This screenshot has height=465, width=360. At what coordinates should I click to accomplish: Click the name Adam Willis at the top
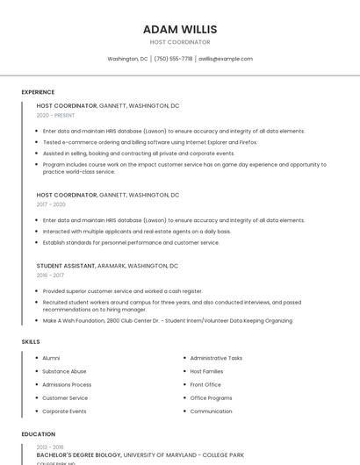179,29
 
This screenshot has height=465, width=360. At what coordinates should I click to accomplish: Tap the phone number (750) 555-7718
173,59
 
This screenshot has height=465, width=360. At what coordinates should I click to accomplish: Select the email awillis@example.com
225,59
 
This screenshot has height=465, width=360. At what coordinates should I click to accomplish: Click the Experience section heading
38,92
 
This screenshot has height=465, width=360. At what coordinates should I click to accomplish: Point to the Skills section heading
31,341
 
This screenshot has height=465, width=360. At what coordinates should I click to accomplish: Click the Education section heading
39,434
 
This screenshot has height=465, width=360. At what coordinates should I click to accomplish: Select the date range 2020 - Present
55,115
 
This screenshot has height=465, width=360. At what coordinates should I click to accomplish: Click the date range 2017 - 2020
51,204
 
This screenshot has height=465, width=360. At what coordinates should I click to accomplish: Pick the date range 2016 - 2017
50,275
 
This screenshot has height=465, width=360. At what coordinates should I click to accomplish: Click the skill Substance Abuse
64,371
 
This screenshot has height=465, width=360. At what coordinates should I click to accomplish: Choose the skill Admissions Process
67,384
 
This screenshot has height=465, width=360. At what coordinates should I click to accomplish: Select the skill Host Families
206,371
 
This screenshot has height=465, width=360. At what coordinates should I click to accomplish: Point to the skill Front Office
205,384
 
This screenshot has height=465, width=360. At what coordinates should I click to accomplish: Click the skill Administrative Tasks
216,358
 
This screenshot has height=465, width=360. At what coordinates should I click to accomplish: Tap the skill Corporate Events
64,411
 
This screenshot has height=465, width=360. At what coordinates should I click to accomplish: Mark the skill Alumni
51,358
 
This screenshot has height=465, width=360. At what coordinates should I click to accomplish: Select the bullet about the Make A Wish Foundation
167,320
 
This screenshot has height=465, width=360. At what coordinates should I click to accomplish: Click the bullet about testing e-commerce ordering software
149,141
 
